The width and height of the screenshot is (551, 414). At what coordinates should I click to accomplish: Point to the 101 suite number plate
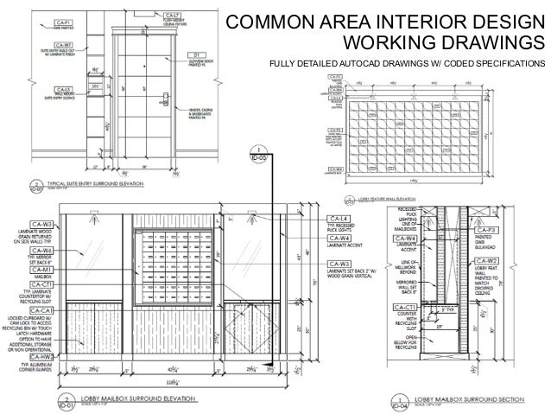click(x=96, y=86)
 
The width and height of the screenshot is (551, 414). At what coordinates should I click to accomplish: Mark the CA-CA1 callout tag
click(x=42, y=310)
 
